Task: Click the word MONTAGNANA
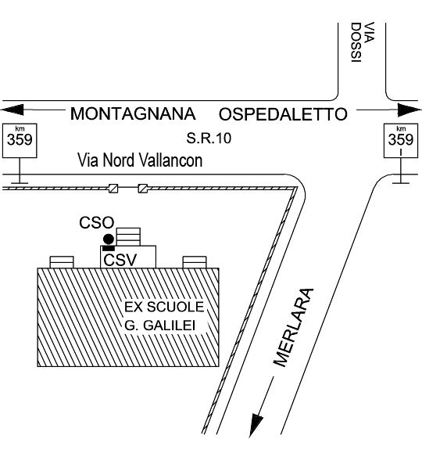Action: point(133,113)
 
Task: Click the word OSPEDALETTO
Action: point(283,114)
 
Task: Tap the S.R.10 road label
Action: point(209,138)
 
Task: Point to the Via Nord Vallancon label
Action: point(140,160)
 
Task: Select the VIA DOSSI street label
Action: point(362,42)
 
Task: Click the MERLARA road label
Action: point(293,327)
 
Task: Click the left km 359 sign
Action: point(20,141)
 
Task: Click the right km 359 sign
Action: point(401,141)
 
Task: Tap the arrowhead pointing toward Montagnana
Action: point(12,110)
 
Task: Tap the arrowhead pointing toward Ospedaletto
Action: point(409,110)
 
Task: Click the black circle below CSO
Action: point(109,239)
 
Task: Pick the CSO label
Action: point(97,223)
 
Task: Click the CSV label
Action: point(120,260)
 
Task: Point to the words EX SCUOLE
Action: point(164,307)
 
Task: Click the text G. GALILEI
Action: point(160,326)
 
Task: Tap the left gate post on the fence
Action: point(113,189)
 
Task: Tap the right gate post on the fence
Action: point(143,189)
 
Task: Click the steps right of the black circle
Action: point(128,236)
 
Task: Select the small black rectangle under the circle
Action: point(109,248)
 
